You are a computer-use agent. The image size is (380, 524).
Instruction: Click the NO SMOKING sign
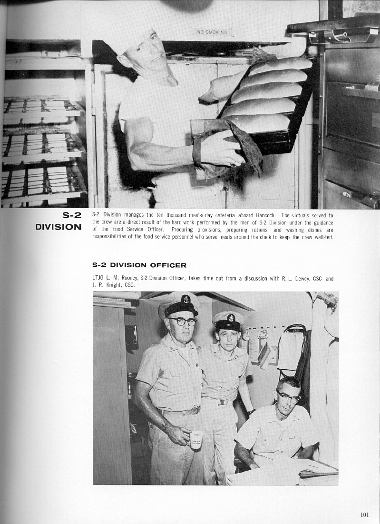coord(212,32)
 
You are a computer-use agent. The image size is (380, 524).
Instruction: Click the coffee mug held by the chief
coord(196,440)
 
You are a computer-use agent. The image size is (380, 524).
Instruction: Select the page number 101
coord(365,514)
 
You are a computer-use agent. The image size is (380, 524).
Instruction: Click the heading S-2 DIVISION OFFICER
coord(139,265)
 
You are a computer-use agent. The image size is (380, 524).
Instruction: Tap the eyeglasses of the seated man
coord(289,396)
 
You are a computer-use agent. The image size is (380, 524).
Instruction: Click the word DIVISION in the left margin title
coord(58,227)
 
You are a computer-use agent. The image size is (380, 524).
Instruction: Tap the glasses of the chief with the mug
coord(182,322)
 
